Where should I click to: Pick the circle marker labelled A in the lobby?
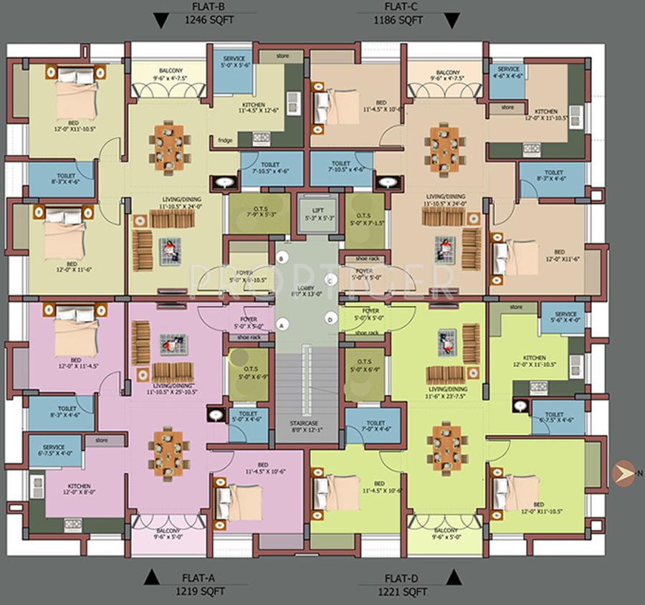tap(282, 325)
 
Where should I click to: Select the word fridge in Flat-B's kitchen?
tap(226, 140)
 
